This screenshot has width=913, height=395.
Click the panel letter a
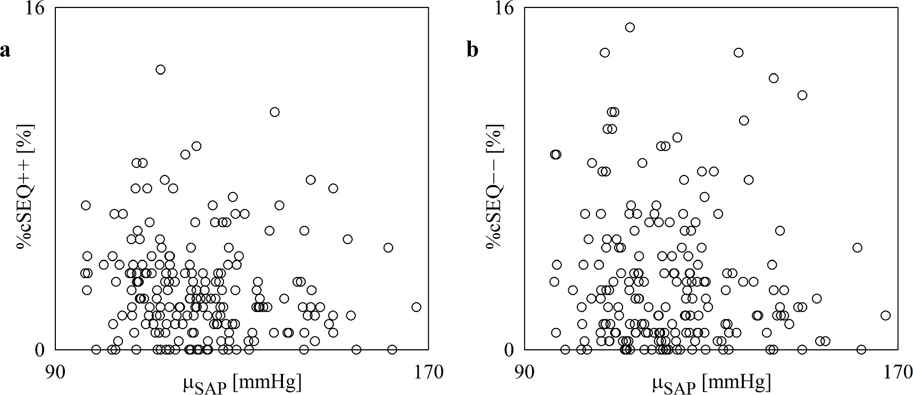tap(5, 51)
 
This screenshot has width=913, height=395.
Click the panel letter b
tap(472, 50)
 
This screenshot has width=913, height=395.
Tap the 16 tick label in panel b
tap(504, 10)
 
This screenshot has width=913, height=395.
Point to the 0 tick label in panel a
tap(40, 349)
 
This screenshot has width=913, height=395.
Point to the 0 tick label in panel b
tap(509, 349)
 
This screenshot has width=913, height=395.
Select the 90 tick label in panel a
tap(55, 372)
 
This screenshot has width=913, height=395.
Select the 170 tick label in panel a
tap(428, 372)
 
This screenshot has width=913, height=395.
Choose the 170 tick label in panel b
tap(898, 372)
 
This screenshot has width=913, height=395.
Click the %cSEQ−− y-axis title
tap(494, 186)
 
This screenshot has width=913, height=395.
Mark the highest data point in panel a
tap(160, 69)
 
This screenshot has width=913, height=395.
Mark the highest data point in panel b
tap(630, 27)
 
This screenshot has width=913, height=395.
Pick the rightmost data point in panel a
tap(416, 307)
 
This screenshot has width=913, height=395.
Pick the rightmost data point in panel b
tap(885, 315)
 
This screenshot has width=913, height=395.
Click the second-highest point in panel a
tap(275, 112)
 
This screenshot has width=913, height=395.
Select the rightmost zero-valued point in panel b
tap(861, 349)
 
